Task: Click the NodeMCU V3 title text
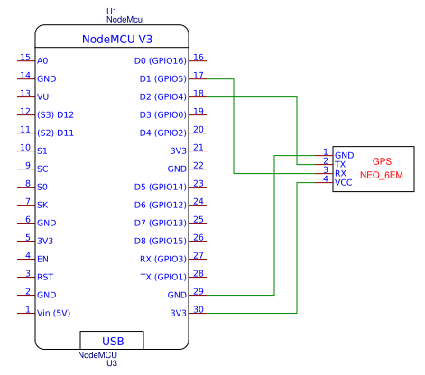click(x=113, y=40)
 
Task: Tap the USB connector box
click(x=113, y=342)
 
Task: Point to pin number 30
click(x=199, y=309)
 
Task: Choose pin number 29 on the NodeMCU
click(x=199, y=291)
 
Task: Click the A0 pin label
click(x=42, y=61)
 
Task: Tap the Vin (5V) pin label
click(x=56, y=314)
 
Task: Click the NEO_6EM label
click(x=382, y=175)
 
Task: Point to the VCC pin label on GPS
click(x=344, y=182)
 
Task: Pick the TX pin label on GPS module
click(x=340, y=164)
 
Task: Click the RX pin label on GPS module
click(x=340, y=173)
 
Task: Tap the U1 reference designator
click(x=112, y=9)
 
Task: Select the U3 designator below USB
click(x=112, y=364)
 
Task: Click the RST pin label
click(x=46, y=278)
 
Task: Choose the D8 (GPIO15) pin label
click(x=160, y=242)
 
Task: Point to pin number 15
click(x=25, y=57)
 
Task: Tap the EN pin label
click(x=42, y=260)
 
